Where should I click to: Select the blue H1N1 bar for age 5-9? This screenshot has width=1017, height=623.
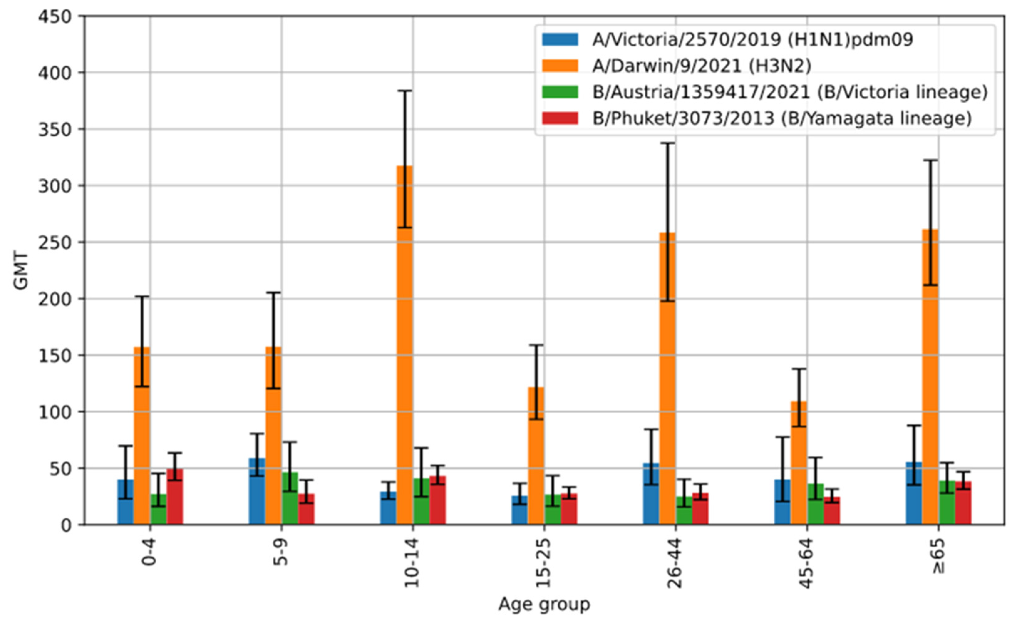pyautogui.click(x=257, y=491)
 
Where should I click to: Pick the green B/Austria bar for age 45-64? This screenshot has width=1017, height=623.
pyautogui.click(x=815, y=504)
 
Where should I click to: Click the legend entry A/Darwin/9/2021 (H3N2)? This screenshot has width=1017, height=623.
pyautogui.click(x=702, y=66)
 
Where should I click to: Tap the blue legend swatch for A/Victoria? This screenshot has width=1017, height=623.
pyautogui.click(x=560, y=40)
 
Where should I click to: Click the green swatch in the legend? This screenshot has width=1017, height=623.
pyautogui.click(x=560, y=92)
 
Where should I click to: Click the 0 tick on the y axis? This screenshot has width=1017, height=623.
pyautogui.click(x=66, y=526)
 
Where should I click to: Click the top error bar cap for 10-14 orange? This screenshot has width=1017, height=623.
pyautogui.click(x=405, y=91)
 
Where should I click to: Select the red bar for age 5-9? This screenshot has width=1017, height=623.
pyautogui.click(x=306, y=509)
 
